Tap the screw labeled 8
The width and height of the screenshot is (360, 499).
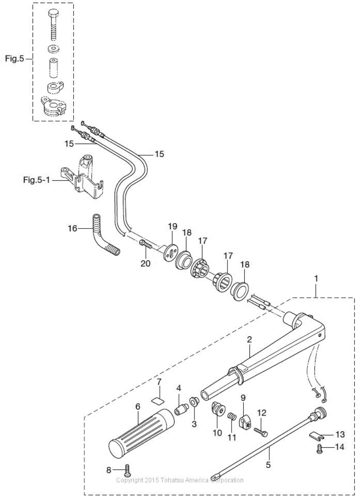(x=127, y=469)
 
